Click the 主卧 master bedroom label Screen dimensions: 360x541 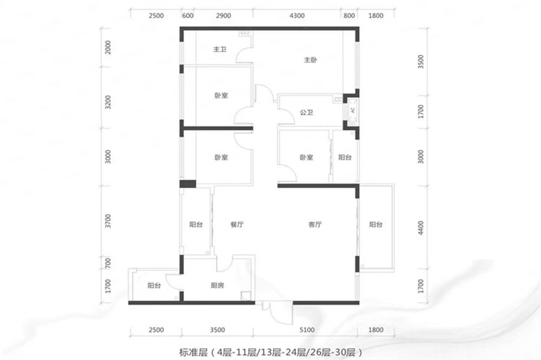pyautogui.click(x=309, y=61)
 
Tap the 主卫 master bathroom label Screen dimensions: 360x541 pyautogui.click(x=220, y=50)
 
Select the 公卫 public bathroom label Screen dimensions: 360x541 pyautogui.click(x=306, y=113)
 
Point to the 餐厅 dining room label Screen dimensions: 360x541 pyautogui.click(x=236, y=224)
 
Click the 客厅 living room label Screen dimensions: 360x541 pyautogui.click(x=315, y=224)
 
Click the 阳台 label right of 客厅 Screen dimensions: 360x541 pyautogui.click(x=376, y=224)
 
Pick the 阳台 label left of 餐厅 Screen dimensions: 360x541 pyautogui.click(x=196, y=224)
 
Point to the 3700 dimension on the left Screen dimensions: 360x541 pyautogui.click(x=108, y=221)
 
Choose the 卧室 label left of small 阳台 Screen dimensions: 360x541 pyautogui.click(x=306, y=158)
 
